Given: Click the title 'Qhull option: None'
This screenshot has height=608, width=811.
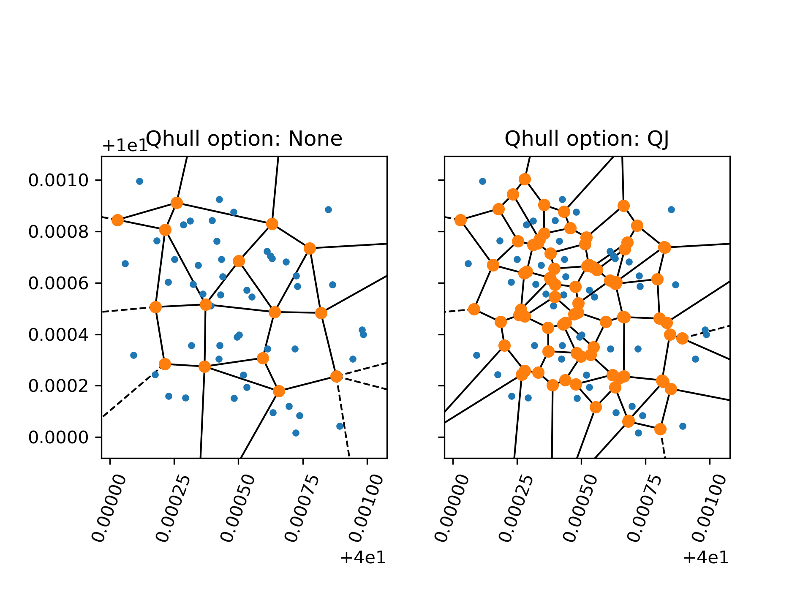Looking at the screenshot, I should click(244, 138).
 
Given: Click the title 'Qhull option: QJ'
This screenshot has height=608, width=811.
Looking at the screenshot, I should click(587, 138).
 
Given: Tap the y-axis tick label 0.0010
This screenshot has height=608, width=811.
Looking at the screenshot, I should click(59, 180).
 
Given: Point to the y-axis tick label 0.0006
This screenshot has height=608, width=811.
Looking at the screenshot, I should click(59, 283).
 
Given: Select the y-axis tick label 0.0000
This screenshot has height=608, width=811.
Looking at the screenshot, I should click(59, 437).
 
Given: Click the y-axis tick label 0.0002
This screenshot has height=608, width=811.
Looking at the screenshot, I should click(59, 386).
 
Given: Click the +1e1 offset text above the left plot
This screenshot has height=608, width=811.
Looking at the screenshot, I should click(125, 146).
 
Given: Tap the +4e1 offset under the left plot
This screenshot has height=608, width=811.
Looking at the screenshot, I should click(363, 558).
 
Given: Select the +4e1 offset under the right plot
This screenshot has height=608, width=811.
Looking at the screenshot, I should click(706, 558).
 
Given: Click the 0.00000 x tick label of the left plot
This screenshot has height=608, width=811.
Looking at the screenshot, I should click(109, 508).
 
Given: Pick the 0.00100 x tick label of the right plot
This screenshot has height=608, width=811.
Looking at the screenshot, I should click(709, 508).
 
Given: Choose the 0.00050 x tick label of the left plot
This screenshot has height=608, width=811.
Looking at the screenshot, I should click(238, 508).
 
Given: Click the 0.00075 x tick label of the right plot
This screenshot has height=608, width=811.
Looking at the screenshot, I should click(645, 508).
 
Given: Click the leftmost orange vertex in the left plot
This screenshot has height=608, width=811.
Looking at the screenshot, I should click(118, 220).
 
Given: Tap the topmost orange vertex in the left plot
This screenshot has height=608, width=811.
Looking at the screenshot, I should click(177, 203).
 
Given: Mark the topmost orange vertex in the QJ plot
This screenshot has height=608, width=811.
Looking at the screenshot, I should click(525, 179).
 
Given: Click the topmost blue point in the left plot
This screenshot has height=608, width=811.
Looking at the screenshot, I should click(139, 181).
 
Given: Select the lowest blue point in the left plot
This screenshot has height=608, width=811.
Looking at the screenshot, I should click(296, 433).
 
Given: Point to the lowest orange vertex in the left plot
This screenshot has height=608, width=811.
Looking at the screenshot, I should click(278, 391).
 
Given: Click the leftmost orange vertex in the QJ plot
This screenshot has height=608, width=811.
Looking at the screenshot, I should click(461, 220).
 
